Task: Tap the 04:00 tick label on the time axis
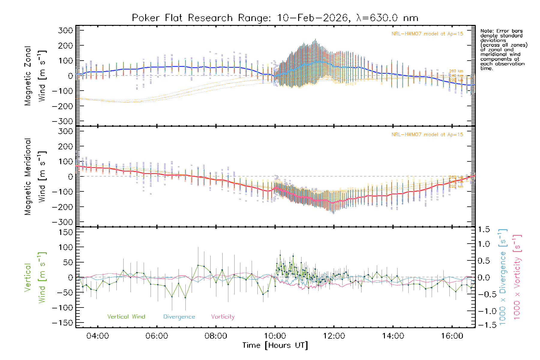pos(97,336)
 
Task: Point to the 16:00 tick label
pos(452,336)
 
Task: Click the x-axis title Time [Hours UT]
pos(275,345)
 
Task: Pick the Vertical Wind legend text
pos(126,317)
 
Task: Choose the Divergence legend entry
pos(179,317)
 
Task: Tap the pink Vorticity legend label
pos(223,317)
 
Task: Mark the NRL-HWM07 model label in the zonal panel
pos(427,34)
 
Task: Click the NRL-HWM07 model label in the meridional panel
pos(427,135)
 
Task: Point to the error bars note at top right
pos(503,49)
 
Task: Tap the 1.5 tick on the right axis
pos(484,229)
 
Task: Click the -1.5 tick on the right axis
pos(484,325)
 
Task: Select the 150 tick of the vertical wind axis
pos(66,232)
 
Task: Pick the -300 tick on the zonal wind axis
pos(62,121)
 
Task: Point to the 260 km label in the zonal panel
pos(456,71)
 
